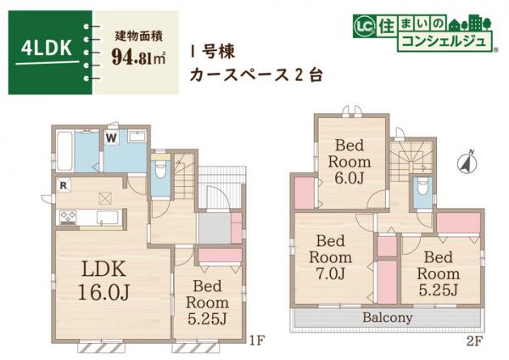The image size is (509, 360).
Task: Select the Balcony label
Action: click(387, 318)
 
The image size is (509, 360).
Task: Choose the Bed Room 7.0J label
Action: click(332, 256)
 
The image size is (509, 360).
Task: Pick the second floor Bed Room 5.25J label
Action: click(438, 273)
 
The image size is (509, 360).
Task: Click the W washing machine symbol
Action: click(111, 137)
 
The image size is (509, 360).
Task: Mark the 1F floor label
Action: click(258, 342)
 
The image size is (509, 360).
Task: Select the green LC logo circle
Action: click(360, 27)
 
